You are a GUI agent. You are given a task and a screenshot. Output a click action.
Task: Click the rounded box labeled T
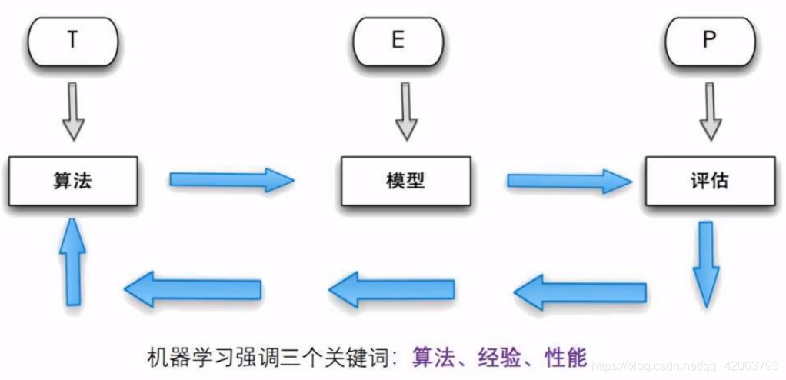[73, 41]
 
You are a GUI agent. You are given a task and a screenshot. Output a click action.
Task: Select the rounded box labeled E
[398, 41]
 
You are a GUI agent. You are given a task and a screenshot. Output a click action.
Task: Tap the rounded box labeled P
[709, 41]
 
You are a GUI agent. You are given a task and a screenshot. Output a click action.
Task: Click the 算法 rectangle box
[74, 182]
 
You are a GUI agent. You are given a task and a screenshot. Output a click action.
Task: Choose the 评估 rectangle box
[709, 182]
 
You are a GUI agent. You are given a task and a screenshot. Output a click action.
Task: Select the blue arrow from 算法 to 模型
[231, 180]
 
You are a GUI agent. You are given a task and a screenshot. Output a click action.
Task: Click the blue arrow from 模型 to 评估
[568, 181]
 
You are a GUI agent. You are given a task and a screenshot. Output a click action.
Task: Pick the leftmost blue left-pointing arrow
[193, 288]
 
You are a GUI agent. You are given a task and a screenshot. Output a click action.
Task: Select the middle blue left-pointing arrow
[391, 288]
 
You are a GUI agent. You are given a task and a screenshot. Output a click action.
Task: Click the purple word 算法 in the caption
[431, 357]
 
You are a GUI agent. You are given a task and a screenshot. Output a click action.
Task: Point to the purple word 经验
[498, 357]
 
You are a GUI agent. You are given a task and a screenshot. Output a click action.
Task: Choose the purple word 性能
[565, 357]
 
